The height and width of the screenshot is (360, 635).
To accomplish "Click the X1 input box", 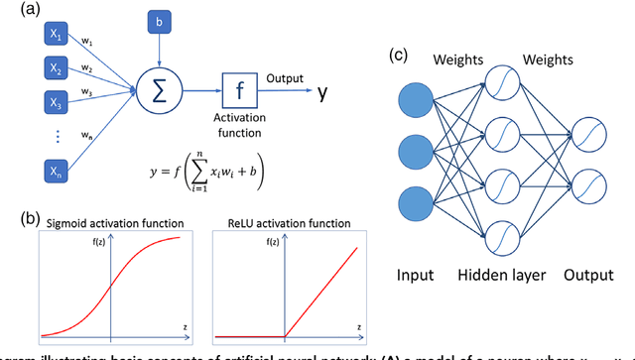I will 56,36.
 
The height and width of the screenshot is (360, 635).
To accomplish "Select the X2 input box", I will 56,68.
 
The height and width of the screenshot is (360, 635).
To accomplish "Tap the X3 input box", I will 56,101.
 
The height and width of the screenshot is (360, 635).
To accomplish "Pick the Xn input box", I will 56,172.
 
